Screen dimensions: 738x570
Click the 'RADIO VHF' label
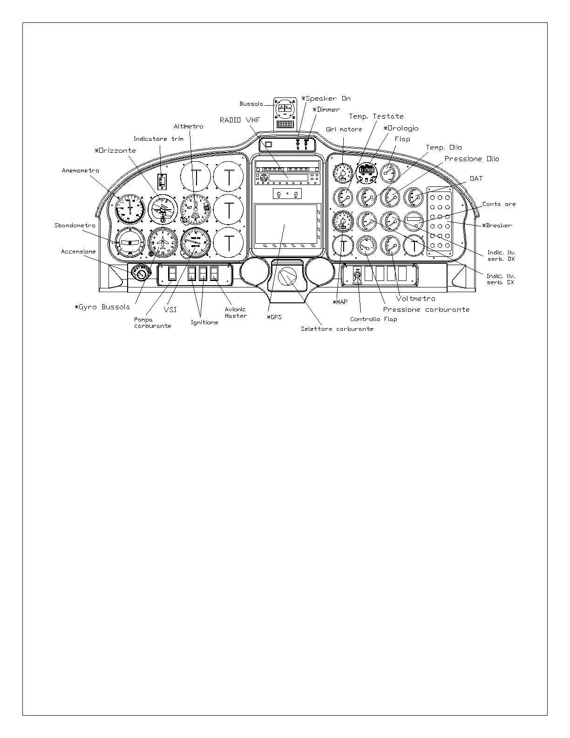pos(239,120)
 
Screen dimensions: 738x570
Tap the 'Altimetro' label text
pos(188,126)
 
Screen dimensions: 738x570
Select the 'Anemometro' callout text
pos(80,171)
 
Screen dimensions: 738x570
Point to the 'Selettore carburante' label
pos(337,329)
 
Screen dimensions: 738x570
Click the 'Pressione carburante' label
pos(426,310)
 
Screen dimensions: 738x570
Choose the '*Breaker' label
pos(497,225)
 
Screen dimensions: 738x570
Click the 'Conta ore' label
pos(499,204)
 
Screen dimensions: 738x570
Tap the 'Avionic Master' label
pos(236,313)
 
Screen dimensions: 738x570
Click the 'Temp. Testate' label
pos(376,116)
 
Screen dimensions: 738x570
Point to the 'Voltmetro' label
pos(415,299)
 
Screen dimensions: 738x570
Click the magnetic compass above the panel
pos(284,110)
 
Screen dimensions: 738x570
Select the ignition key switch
pos(140,273)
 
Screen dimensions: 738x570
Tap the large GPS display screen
pos(285,224)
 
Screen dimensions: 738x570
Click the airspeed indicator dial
pos(129,209)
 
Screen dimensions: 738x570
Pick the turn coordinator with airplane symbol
pos(163,242)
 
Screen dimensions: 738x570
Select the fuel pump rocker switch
pos(172,273)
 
